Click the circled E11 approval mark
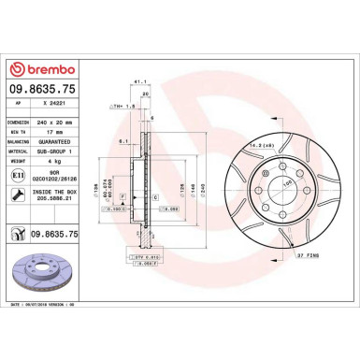coord(20,175)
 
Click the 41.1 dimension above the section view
coord(140,83)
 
